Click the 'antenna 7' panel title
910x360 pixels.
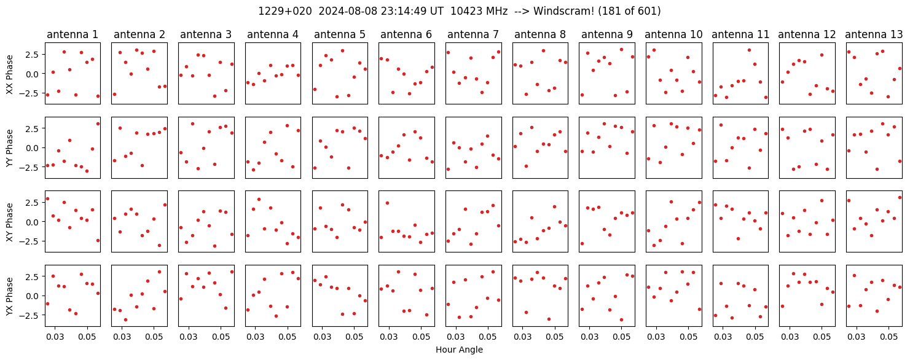[x=473, y=35]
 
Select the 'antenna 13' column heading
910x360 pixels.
[x=874, y=35]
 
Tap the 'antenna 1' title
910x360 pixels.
[x=73, y=35]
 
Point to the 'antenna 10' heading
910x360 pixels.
[x=673, y=35]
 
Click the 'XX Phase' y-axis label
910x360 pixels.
[x=9, y=74]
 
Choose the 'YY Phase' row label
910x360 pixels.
[x=9, y=148]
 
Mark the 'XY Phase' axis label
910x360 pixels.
[x=9, y=222]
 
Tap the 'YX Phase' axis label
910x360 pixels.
[x=9, y=296]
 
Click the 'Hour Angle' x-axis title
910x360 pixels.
[x=459, y=350]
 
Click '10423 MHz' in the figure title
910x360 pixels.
[x=479, y=12]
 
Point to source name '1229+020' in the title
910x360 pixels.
[x=285, y=12]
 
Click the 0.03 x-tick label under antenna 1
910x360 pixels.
[x=55, y=337]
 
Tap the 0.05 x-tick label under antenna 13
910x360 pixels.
[x=889, y=337]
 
